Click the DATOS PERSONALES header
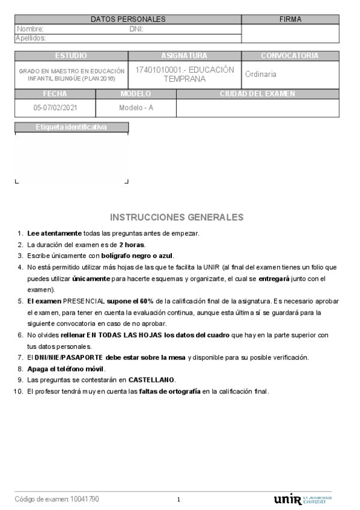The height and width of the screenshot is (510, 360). pyautogui.click(x=128, y=19)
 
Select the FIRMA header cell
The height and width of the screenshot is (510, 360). pyautogui.click(x=290, y=19)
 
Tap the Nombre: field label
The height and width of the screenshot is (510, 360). pyautogui.click(x=30, y=29)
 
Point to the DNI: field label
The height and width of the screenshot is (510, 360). pyautogui.click(x=136, y=29)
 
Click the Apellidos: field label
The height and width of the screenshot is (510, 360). pyautogui.click(x=31, y=38)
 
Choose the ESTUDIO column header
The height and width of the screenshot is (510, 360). pyautogui.click(x=71, y=56)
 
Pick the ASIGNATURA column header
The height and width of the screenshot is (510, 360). pyautogui.click(x=185, y=56)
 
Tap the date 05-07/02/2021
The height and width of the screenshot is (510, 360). pyautogui.click(x=55, y=108)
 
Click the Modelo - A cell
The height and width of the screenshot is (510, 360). pyautogui.click(x=136, y=108)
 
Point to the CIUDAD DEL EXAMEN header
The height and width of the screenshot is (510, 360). pyautogui.click(x=257, y=94)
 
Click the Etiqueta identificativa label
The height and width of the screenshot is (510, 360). pyautogui.click(x=72, y=127)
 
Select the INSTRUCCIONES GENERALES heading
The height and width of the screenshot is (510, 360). pyautogui.click(x=177, y=217)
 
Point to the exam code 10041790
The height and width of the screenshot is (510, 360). pyautogui.click(x=85, y=499)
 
